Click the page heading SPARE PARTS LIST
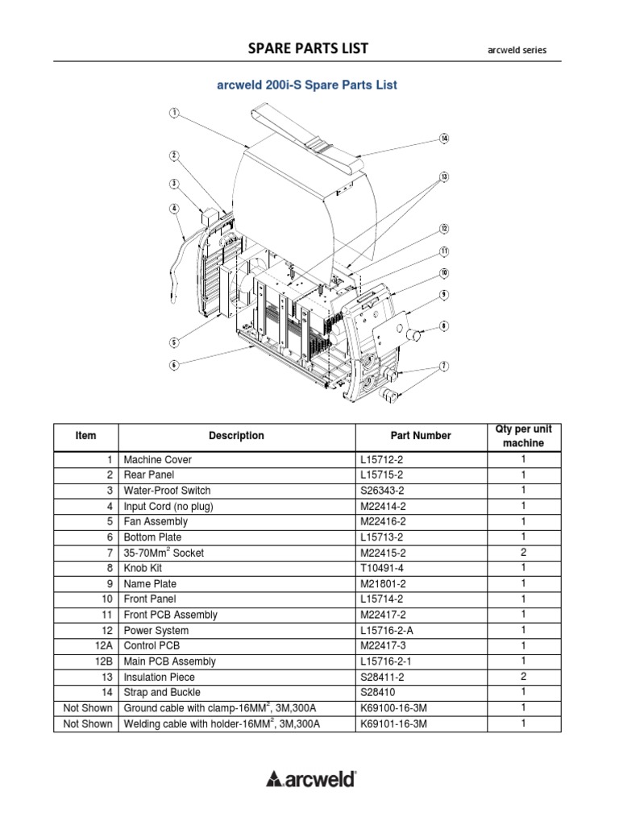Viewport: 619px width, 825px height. coord(309,48)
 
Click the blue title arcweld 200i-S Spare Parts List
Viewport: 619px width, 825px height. coord(307,85)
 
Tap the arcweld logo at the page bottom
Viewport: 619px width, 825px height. coord(310,777)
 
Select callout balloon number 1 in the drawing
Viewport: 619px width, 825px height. coord(173,113)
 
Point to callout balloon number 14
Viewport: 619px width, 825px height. coord(443,139)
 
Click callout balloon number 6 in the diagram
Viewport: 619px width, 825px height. coord(173,365)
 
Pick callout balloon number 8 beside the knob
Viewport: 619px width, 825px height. coord(443,326)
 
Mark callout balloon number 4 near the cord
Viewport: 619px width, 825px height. coord(173,208)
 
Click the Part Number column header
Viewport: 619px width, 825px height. coord(421,436)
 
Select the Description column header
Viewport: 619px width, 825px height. coord(236,436)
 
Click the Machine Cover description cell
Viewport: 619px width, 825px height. coord(158,460)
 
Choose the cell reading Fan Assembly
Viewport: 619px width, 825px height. coord(152,522)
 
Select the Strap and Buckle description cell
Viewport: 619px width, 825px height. coord(162,693)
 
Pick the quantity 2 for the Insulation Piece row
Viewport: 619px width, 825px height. coord(523,677)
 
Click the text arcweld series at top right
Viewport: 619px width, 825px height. coord(517,50)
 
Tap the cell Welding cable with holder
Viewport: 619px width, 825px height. coord(222,724)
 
